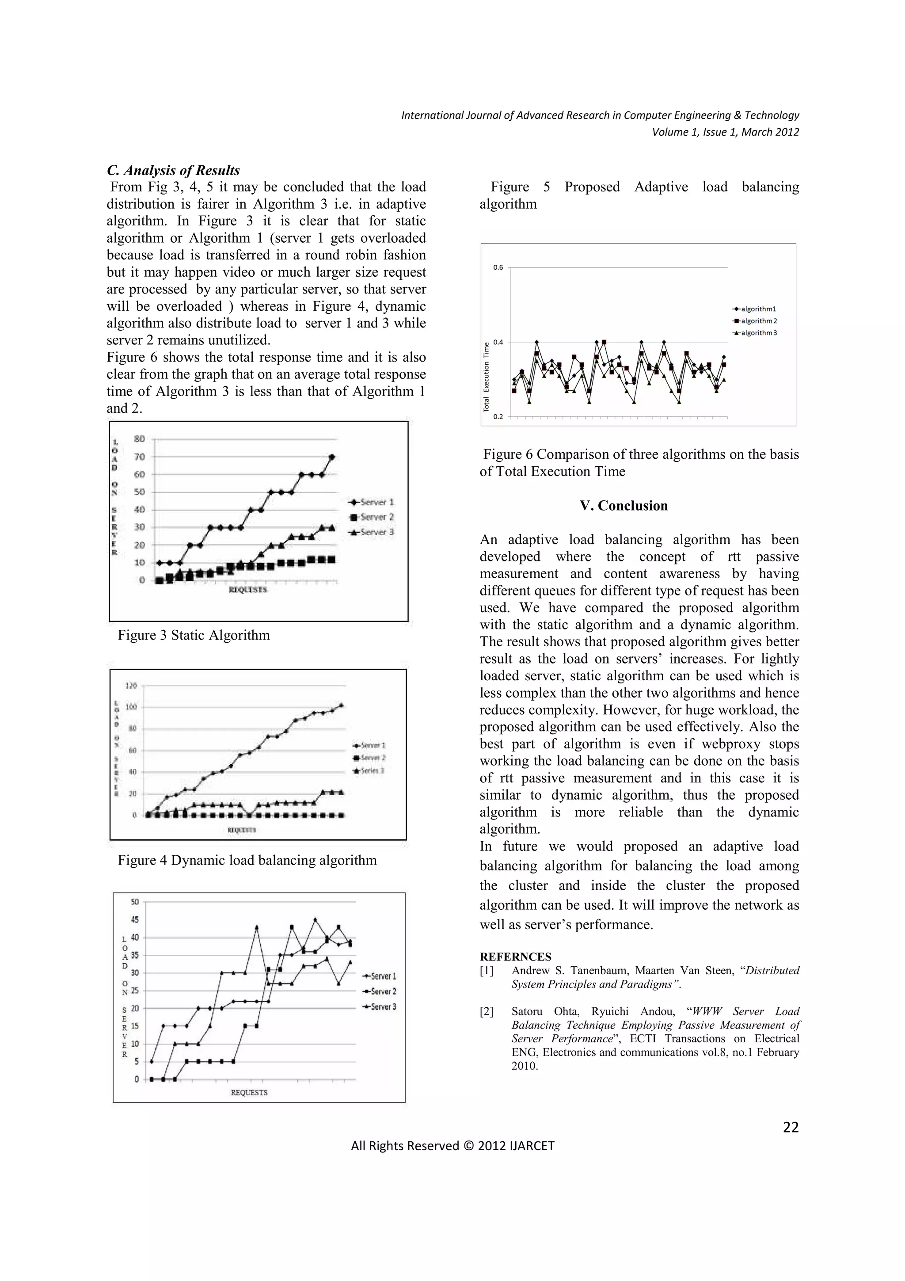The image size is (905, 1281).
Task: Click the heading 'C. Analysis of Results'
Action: [x=173, y=170]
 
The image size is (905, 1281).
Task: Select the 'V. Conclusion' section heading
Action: [x=624, y=506]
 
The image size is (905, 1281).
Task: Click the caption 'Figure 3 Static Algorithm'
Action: [x=194, y=635]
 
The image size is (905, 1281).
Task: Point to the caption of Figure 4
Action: [x=247, y=860]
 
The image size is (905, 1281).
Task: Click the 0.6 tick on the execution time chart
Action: [x=498, y=267]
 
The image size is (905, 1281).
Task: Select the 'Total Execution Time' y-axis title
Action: [x=486, y=377]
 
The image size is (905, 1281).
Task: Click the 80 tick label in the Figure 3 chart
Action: [x=139, y=438]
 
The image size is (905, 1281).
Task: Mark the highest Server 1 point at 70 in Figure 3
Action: [x=332, y=456]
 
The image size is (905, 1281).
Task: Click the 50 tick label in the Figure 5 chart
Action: [x=135, y=902]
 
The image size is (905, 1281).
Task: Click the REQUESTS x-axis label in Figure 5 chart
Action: [x=249, y=1092]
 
